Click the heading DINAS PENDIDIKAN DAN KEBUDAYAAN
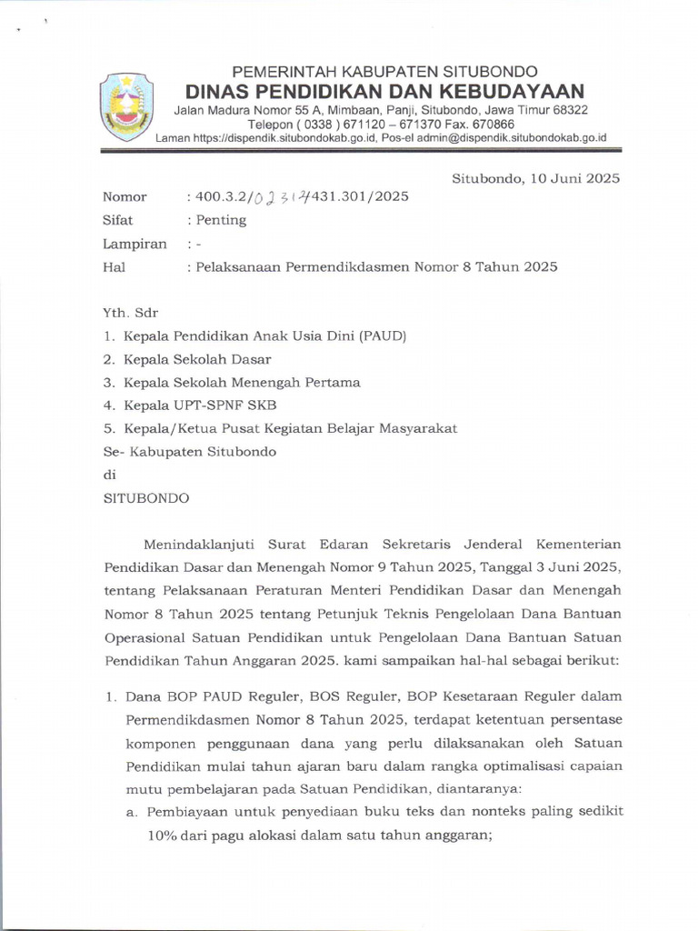point(384,91)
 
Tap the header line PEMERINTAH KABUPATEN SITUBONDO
point(384,71)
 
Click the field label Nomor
point(125,197)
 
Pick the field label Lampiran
point(135,244)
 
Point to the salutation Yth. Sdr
point(131,313)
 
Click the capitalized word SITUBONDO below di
point(146,498)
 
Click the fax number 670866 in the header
point(492,125)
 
